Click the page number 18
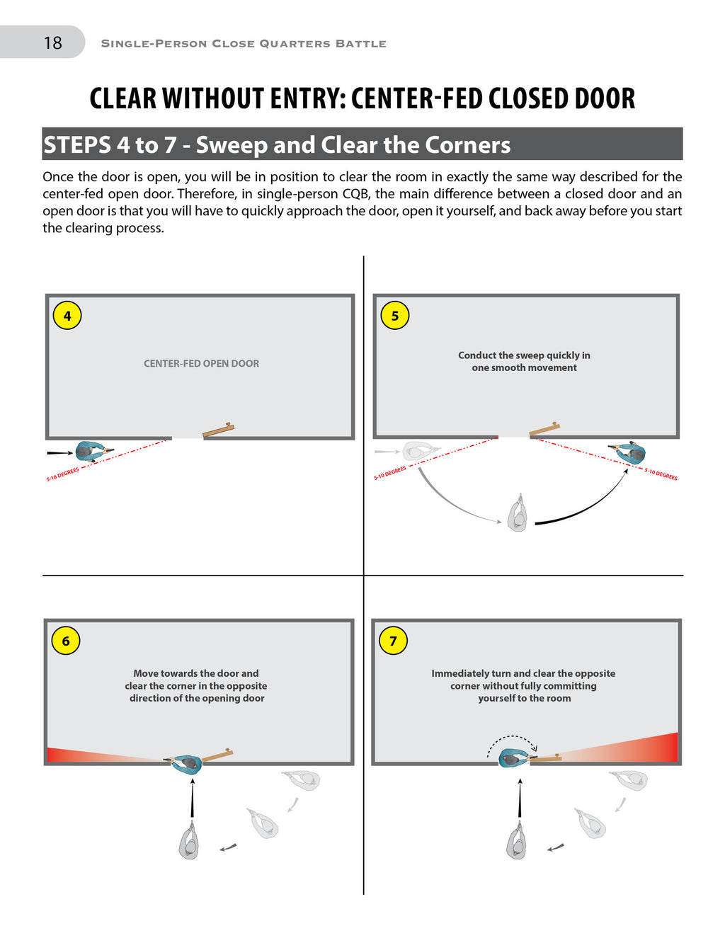53,43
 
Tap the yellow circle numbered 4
67,316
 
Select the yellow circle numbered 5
395,316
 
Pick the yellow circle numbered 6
66,641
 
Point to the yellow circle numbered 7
394,641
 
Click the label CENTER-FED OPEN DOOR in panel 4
201,363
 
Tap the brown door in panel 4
218,430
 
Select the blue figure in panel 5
630,452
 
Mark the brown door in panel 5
544,429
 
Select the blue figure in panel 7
513,759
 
